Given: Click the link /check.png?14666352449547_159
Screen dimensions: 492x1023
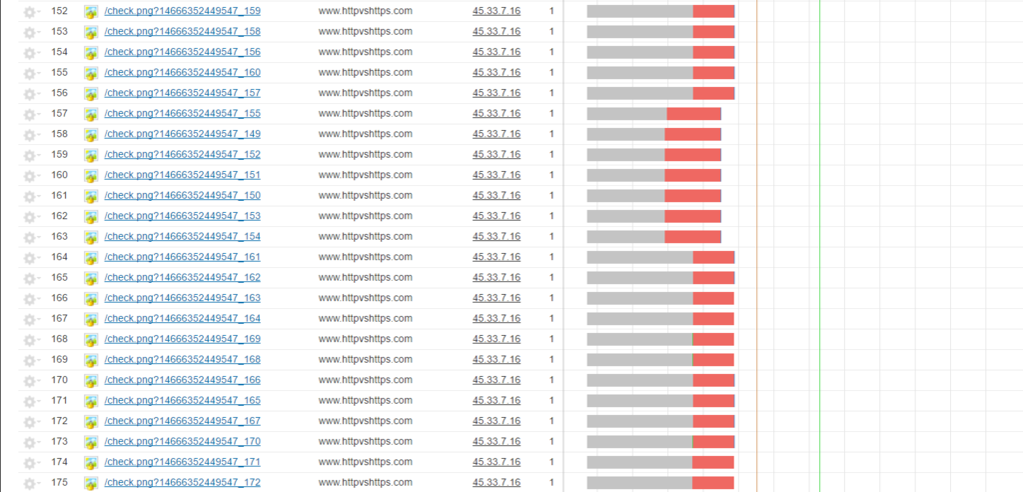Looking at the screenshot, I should pyautogui.click(x=182, y=11).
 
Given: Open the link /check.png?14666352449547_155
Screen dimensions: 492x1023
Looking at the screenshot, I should pyautogui.click(x=182, y=113).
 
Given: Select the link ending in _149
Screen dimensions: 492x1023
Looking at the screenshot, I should pyautogui.click(x=182, y=134).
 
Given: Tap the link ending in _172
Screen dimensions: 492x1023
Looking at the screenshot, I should pyautogui.click(x=182, y=483).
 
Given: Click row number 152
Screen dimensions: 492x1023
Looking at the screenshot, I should pyautogui.click(x=59, y=11).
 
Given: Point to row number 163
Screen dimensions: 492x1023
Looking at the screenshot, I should pyautogui.click(x=59, y=237).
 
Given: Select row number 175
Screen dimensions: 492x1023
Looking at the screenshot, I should pyautogui.click(x=59, y=483).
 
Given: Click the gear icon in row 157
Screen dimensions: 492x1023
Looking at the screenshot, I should pyautogui.click(x=29, y=114).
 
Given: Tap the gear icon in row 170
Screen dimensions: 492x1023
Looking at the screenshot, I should pyautogui.click(x=29, y=381).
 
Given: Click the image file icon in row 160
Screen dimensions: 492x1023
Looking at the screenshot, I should pyautogui.click(x=91, y=176).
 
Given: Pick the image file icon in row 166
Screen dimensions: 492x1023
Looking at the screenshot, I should pyautogui.click(x=91, y=299).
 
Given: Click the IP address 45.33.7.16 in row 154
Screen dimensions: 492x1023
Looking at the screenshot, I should pyautogui.click(x=496, y=52).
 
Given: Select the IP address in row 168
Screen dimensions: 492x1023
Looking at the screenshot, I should pyautogui.click(x=496, y=339).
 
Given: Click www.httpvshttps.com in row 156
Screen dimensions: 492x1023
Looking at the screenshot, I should pyautogui.click(x=365, y=93).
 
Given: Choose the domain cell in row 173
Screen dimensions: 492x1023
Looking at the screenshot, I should pyautogui.click(x=365, y=442).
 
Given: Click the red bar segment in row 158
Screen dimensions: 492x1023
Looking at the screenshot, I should pyautogui.click(x=692, y=134).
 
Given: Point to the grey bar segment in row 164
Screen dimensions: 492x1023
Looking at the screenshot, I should pyautogui.click(x=639, y=257).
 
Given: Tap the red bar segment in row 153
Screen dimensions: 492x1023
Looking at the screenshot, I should pyautogui.click(x=713, y=31).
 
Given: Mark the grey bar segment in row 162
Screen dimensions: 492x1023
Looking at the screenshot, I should pyautogui.click(x=625, y=216).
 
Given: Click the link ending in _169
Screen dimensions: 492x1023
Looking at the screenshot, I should pyautogui.click(x=182, y=339).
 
